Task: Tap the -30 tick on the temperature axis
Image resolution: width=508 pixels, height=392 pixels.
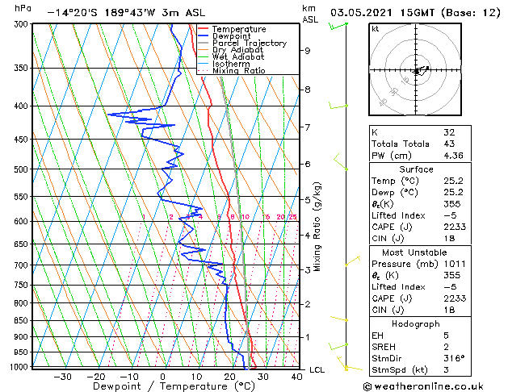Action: click(x=62, y=377)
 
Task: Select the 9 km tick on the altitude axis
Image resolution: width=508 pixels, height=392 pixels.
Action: click(x=308, y=51)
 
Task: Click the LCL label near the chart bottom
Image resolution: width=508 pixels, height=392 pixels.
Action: click(x=317, y=369)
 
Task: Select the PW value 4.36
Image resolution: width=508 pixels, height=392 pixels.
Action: click(x=454, y=156)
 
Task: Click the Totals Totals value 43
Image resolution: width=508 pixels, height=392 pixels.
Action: click(x=449, y=144)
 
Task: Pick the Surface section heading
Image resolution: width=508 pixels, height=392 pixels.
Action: click(x=416, y=169)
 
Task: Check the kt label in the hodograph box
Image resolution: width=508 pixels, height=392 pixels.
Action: click(x=376, y=28)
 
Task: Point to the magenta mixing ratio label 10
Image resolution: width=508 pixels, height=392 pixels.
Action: click(x=246, y=217)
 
